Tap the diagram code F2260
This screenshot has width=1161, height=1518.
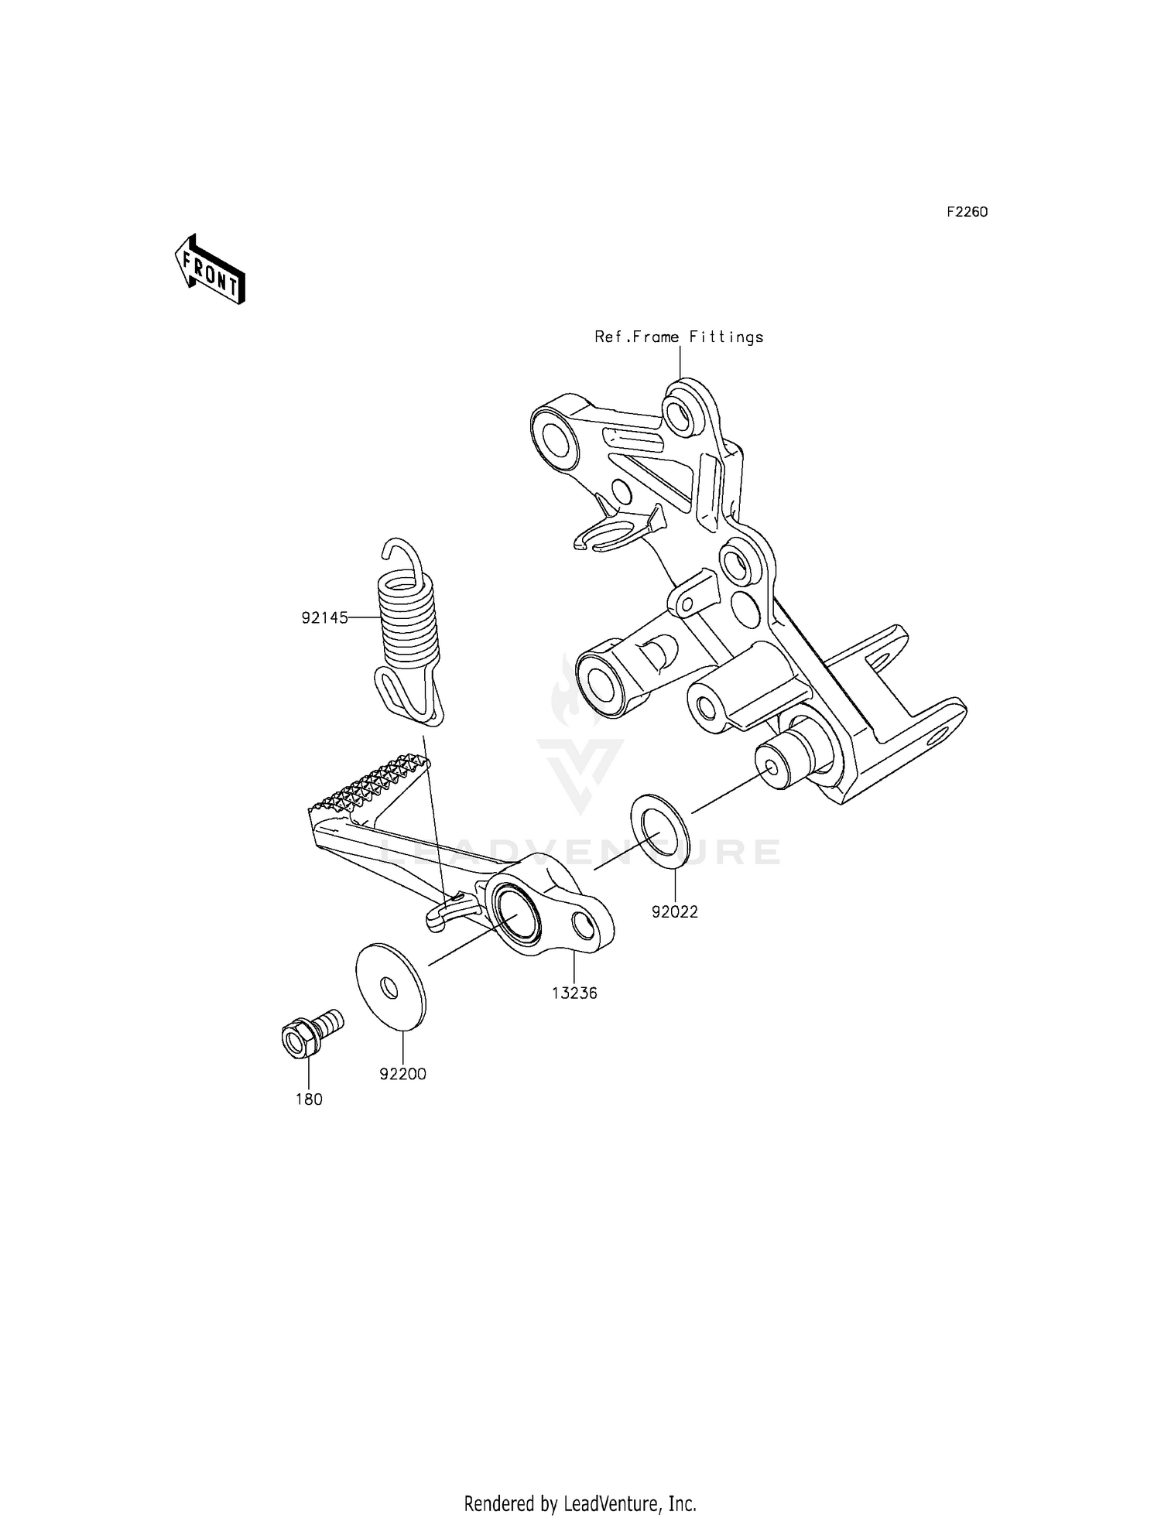tap(967, 212)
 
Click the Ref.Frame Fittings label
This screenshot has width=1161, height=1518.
tap(679, 337)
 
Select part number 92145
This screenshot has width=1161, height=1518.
tap(324, 617)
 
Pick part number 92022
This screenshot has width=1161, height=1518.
tap(674, 911)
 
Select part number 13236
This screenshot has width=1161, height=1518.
tap(574, 993)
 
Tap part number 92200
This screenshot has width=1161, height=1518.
tap(402, 1074)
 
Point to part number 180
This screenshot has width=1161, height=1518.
tap(309, 1099)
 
